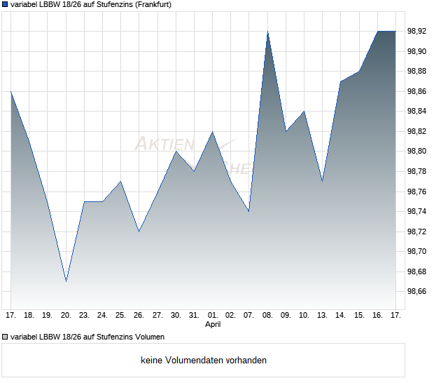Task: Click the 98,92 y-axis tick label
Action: click(417, 31)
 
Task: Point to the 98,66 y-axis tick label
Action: click(417, 291)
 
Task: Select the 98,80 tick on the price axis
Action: click(417, 151)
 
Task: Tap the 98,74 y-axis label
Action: click(417, 211)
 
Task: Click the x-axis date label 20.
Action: click(66, 316)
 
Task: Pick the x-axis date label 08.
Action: click(267, 316)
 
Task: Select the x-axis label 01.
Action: click(213, 316)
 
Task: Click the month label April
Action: click(213, 325)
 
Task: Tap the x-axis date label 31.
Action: click(194, 316)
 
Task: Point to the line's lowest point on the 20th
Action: click(66, 281)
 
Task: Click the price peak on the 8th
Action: click(267, 32)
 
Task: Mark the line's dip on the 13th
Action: click(322, 181)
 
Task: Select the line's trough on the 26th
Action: click(139, 231)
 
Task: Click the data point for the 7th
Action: click(249, 211)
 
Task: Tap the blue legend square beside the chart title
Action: click(5, 4)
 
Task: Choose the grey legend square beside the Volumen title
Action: click(5, 337)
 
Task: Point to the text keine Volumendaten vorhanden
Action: click(204, 361)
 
